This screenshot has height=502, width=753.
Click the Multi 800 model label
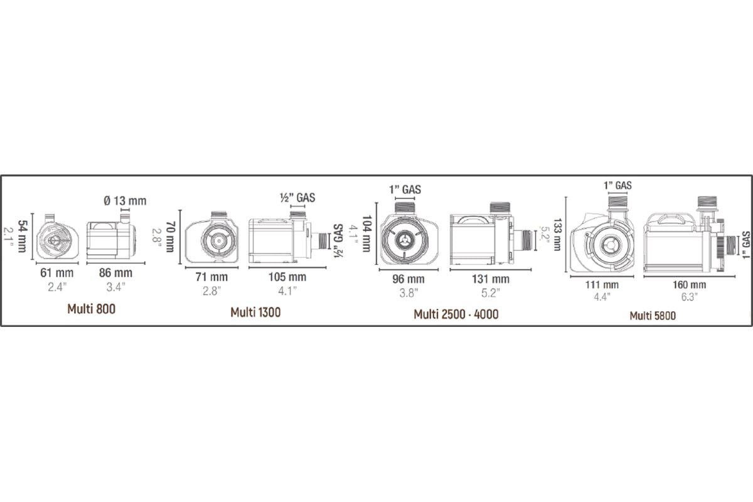coord(91,309)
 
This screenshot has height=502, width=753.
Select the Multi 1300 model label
coord(255,312)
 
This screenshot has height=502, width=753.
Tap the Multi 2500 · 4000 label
coord(456,314)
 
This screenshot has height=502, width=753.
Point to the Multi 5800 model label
coord(653,316)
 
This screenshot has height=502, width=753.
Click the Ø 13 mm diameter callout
coord(125,201)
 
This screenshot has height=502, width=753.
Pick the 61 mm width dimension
coord(57,273)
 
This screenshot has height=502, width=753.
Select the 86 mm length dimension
coord(115,273)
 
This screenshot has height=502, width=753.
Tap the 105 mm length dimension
coord(287,277)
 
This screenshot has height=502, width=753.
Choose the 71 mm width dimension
coord(211,277)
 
